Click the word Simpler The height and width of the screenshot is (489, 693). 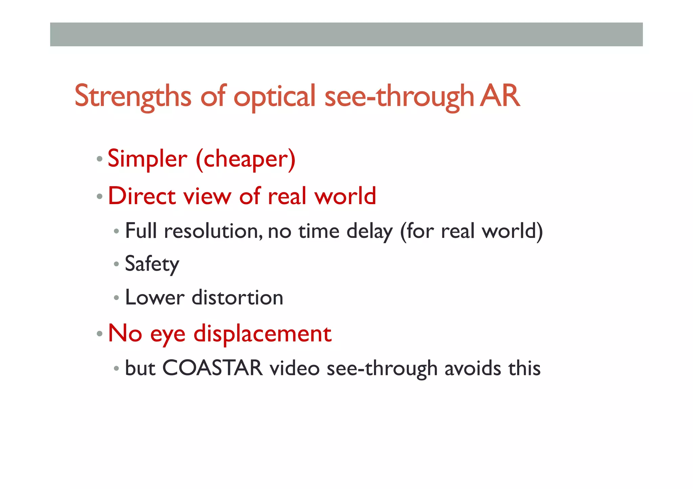tap(147, 159)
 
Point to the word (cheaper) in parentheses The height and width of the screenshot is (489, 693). tap(246, 160)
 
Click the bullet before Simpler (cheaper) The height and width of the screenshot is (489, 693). tap(99, 159)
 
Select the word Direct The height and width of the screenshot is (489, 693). tap(142, 196)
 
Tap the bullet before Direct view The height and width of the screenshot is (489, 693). tap(99, 196)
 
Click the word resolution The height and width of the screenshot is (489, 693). tap(213, 231)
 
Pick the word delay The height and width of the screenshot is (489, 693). tap(369, 232)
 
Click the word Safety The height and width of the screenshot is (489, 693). tap(152, 264)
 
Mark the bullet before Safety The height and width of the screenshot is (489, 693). tap(116, 264)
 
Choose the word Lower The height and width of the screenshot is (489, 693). tap(155, 298)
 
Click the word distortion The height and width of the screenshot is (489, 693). tap(237, 298)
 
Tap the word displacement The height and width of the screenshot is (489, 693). tap(262, 334)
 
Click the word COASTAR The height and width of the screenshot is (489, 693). tap(212, 368)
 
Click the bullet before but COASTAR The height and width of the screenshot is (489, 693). tap(116, 368)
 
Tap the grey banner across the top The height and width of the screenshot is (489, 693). tap(346, 34)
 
